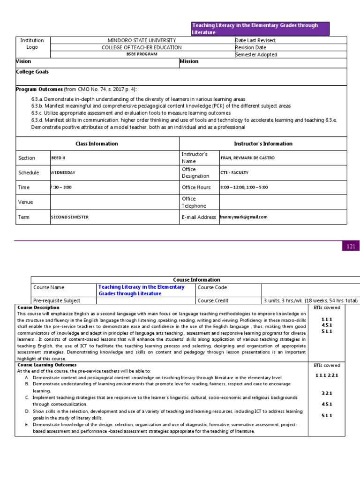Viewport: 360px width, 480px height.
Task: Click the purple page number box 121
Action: [351, 246]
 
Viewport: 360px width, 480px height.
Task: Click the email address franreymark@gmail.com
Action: [244, 217]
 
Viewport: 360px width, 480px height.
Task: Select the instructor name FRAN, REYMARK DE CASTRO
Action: [247, 158]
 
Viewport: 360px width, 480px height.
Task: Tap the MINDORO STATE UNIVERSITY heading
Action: [142, 40]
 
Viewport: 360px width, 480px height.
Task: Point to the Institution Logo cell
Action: [32, 44]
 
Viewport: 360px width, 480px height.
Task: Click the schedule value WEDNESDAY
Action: [63, 172]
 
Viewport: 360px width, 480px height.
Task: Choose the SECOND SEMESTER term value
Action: [69, 217]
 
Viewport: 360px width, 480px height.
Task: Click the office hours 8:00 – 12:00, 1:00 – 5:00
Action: [244, 187]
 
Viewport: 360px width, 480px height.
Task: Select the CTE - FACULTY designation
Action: [234, 172]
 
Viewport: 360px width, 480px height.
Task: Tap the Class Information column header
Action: [97, 144]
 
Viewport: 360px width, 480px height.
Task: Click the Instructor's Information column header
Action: [263, 144]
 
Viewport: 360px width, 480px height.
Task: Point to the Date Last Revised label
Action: [255, 40]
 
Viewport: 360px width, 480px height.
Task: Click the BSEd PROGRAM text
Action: [142, 54]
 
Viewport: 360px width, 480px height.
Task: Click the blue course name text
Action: [141, 290]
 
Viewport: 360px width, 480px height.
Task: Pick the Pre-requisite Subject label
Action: [57, 300]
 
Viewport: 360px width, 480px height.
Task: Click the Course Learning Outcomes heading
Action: [47, 365]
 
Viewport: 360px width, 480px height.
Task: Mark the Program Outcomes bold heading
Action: [39, 90]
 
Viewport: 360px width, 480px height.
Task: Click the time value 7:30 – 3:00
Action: [61, 187]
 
